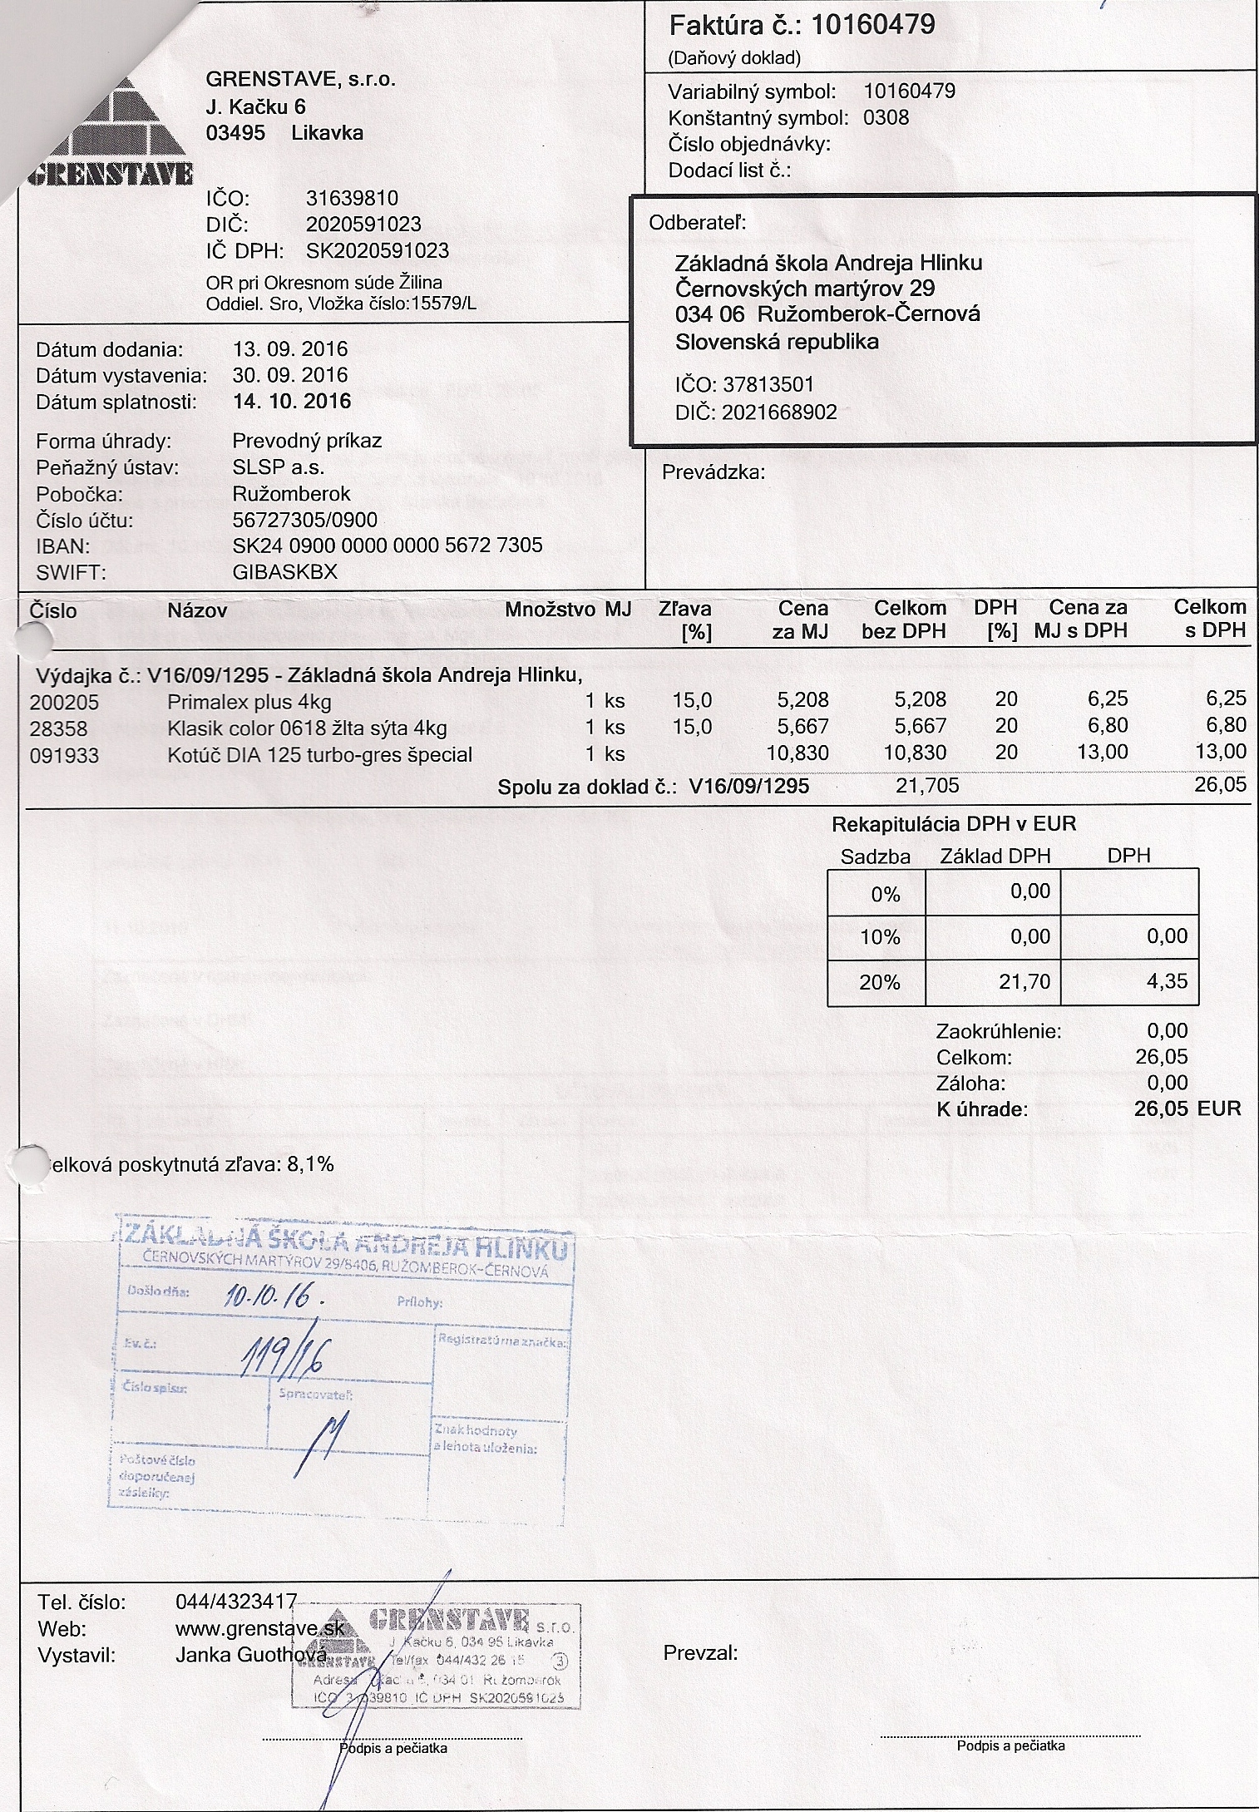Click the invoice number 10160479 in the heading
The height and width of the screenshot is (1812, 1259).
point(872,25)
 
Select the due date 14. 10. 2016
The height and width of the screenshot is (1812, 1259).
point(291,402)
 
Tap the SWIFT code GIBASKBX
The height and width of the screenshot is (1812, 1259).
point(285,572)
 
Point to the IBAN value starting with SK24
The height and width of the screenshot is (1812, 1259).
point(388,546)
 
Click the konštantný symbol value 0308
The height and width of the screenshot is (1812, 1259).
point(886,117)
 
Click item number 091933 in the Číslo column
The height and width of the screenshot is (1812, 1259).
point(64,755)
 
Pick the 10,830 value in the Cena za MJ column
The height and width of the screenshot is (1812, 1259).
point(798,753)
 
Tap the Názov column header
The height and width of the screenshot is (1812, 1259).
point(197,611)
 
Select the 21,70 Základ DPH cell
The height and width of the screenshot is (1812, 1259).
point(1024,982)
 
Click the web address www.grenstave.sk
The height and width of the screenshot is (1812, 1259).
point(259,1629)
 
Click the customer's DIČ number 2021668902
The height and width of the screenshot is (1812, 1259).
point(779,412)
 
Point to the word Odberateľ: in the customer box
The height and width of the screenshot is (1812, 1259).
point(698,223)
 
